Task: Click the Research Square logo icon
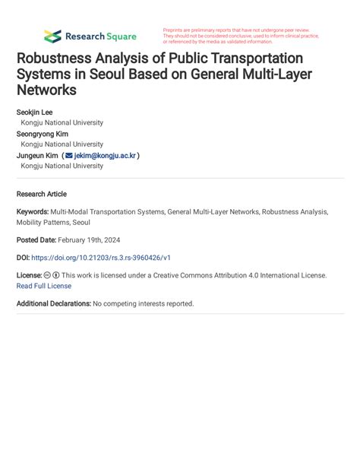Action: [52, 36]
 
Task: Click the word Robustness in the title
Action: [58, 59]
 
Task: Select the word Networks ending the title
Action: [46, 90]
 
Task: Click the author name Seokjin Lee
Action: [35, 113]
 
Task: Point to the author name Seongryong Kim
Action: [43, 134]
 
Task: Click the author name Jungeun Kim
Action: [37, 155]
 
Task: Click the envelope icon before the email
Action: [68, 155]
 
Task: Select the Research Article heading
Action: [42, 193]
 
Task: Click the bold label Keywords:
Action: [32, 212]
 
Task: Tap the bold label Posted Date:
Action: [39, 239]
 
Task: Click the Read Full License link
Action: [44, 286]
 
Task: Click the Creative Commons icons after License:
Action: [52, 275]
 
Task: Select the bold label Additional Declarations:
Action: [53, 303]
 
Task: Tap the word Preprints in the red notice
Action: [175, 30]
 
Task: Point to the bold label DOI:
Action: [24, 257]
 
